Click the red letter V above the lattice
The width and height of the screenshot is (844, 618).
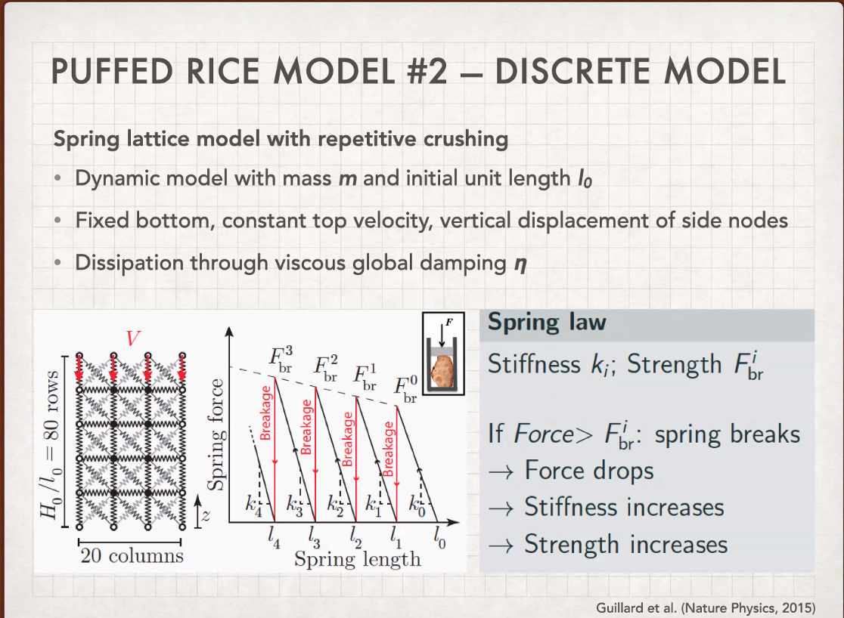pyautogui.click(x=133, y=338)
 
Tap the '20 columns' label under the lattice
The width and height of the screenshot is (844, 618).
pyautogui.click(x=132, y=555)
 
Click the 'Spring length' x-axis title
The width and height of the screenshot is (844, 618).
pyautogui.click(x=358, y=559)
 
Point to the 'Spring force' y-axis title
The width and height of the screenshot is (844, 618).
pyautogui.click(x=216, y=434)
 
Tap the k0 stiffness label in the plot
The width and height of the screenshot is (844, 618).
pyautogui.click(x=417, y=505)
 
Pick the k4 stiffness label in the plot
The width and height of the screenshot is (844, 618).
pyautogui.click(x=253, y=505)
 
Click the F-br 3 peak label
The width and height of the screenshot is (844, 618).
pyautogui.click(x=281, y=359)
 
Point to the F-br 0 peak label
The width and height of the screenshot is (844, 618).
pyautogui.click(x=406, y=389)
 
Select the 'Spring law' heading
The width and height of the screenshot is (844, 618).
pyautogui.click(x=547, y=323)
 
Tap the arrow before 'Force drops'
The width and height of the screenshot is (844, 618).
pyautogui.click(x=501, y=472)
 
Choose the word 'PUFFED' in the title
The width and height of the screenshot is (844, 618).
pyautogui.click(x=113, y=72)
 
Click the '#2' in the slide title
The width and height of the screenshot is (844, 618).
pyautogui.click(x=427, y=72)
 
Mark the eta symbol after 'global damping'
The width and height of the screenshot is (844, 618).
pyautogui.click(x=520, y=264)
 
